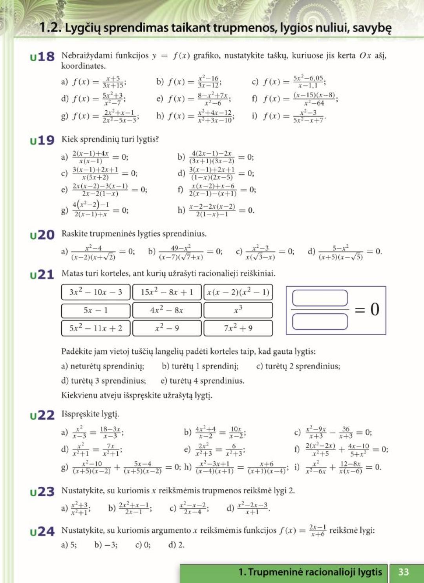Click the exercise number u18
pos(42,57)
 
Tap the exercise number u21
pos(42,275)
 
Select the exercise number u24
pos(42,532)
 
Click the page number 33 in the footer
pos(404,572)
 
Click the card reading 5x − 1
pos(96,310)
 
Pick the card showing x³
pos(238,310)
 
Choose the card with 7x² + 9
pos(238,328)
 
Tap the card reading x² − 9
pos(167,328)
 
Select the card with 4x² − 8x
pos(167,310)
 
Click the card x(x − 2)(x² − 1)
pos(238,292)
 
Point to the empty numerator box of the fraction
pos(320,298)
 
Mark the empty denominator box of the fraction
pos(320,322)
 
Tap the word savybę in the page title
pos(373,28)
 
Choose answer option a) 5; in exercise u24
pos(69,545)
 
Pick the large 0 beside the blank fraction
pos(375,309)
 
